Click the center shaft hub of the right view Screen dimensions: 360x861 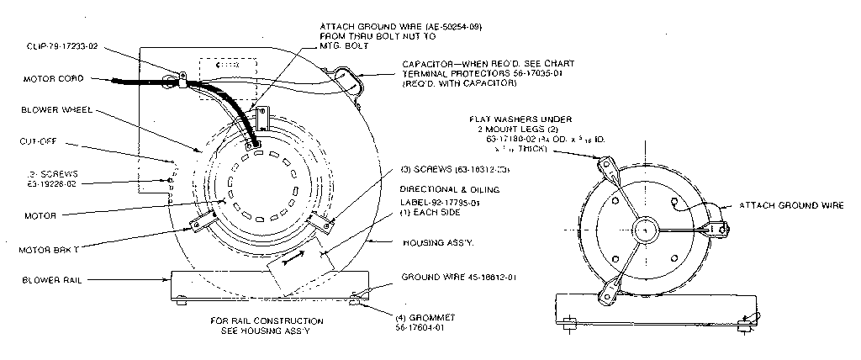[x=647, y=228]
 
